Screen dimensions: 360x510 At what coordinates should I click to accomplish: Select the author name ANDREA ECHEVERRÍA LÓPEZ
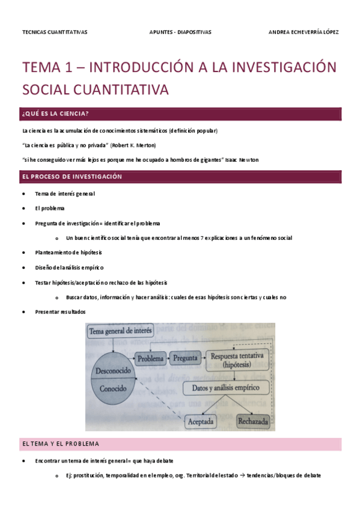[x=303, y=32]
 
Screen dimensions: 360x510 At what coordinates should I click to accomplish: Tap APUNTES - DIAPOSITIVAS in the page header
[x=180, y=32]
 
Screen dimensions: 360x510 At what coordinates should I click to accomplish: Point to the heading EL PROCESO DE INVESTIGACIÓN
[x=72, y=177]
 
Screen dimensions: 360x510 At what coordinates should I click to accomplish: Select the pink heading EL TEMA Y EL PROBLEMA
[x=60, y=443]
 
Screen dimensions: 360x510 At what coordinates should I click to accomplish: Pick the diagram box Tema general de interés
[x=121, y=331]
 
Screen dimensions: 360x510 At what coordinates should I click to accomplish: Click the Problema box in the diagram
[x=150, y=358]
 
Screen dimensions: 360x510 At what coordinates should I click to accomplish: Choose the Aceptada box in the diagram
[x=205, y=421]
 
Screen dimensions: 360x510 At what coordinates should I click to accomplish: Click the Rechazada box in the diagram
[x=254, y=421]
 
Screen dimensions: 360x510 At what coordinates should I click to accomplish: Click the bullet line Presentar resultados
[x=60, y=312]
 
